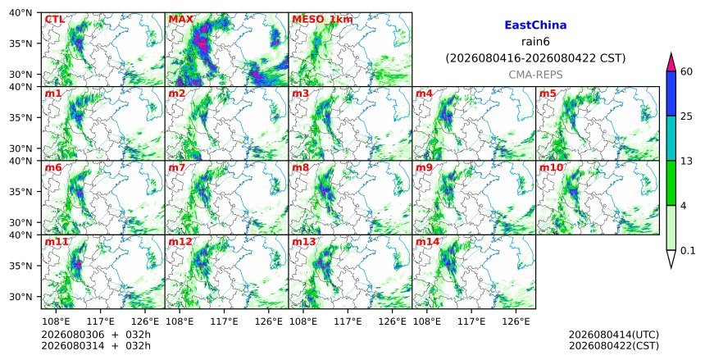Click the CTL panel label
(54, 20)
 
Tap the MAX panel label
(180, 20)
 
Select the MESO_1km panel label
(322, 20)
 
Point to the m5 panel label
(548, 93)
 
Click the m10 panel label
(551, 168)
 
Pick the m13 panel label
(304, 242)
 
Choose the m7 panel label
(177, 168)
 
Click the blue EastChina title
(535, 25)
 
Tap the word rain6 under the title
(535, 42)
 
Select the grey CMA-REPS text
(535, 75)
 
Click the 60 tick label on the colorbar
(686, 71)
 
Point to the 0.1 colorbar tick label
(688, 251)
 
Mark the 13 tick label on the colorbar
(686, 161)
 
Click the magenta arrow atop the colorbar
(671, 62)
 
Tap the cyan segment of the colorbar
(671, 138)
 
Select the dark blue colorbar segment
(671, 93)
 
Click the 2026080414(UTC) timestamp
(614, 335)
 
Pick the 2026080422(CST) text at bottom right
(614, 346)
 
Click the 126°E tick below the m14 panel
(516, 321)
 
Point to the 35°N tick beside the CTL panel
(20, 43)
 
